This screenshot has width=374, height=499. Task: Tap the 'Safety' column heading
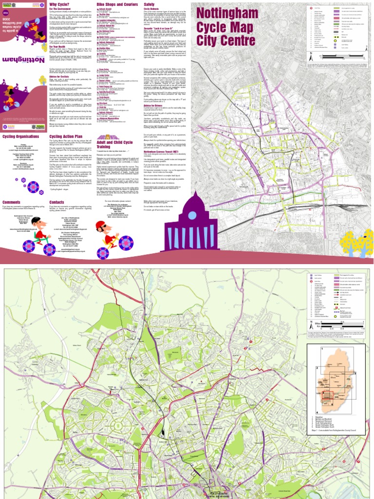click(x=149, y=4)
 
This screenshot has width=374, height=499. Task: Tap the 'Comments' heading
click(x=12, y=202)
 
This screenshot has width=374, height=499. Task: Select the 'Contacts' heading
click(x=57, y=202)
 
